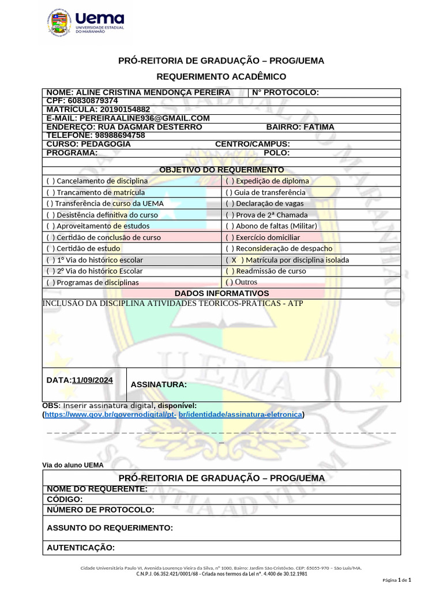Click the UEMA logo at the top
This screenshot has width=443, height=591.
85,24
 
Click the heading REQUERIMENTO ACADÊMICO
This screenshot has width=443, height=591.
221,77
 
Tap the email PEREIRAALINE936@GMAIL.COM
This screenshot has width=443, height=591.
144,118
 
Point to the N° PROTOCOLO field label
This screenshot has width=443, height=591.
286,93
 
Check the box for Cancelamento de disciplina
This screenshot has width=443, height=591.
51,181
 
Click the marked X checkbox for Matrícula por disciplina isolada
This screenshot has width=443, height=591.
234,260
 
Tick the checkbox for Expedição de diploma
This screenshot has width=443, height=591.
230,181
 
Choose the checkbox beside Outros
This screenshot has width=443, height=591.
229,282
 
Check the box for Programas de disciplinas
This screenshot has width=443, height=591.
51,283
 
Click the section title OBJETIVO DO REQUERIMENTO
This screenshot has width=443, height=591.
221,170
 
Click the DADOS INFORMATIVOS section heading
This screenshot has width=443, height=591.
221,293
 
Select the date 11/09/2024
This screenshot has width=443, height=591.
92,380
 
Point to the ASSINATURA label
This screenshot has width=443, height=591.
159,385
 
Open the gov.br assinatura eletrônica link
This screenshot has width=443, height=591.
173,414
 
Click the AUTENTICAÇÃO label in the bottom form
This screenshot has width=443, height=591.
81,548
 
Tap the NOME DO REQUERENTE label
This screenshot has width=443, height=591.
97,489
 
